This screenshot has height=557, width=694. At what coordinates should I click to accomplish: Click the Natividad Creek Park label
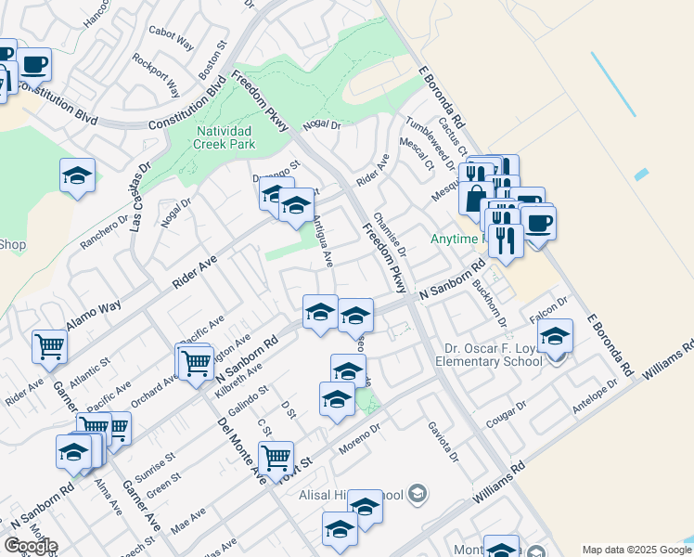(225, 137)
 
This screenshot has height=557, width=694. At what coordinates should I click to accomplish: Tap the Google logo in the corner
(30, 546)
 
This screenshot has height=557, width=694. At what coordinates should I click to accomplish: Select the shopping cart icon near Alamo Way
(50, 347)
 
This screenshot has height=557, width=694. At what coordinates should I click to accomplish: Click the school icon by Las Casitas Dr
(78, 175)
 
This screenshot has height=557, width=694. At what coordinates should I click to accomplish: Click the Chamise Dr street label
(390, 236)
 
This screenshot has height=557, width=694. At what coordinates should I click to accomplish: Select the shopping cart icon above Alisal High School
(276, 457)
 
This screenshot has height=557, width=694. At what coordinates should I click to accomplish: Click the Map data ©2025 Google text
(636, 550)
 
